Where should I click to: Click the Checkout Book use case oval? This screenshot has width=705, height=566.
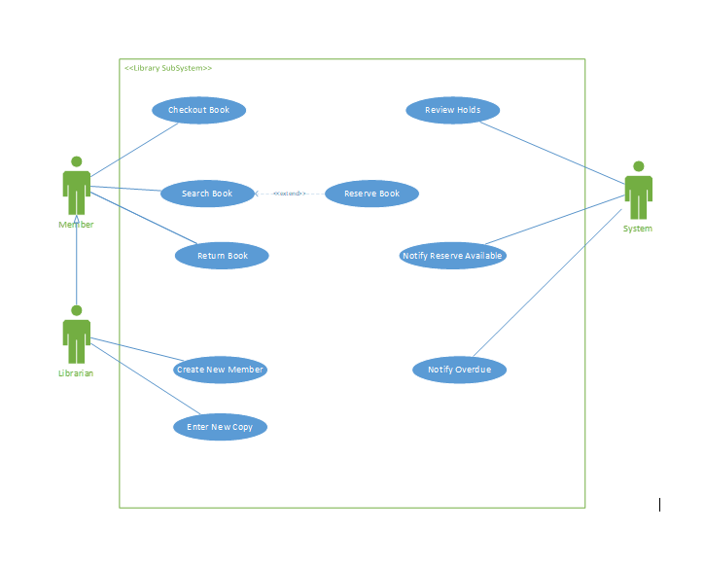tap(198, 110)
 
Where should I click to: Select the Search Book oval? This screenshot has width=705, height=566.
tap(207, 194)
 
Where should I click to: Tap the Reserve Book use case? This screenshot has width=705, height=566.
tap(371, 194)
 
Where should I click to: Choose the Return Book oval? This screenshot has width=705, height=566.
tap(222, 256)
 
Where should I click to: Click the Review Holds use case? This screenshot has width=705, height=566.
tap(452, 110)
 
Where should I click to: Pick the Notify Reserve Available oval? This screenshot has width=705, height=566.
tap(452, 256)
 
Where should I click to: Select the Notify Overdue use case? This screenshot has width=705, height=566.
tap(459, 370)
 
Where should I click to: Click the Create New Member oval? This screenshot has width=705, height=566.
tap(220, 370)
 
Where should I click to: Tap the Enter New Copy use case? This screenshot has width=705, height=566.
tap(220, 427)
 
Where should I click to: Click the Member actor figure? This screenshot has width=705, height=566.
tap(76, 187)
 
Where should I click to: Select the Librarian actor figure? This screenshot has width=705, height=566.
tap(76, 336)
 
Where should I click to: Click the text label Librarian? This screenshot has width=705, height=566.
tap(76, 373)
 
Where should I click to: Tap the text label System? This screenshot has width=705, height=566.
tap(638, 229)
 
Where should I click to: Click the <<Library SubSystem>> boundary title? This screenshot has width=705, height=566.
tap(168, 68)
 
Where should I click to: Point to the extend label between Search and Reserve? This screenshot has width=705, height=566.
tap(289, 194)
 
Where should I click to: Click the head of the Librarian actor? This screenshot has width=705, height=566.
tap(76, 311)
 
